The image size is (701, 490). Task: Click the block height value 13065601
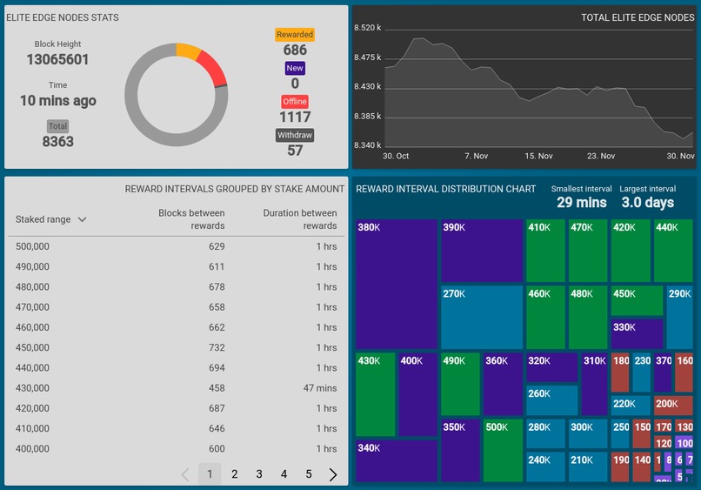pyautogui.click(x=57, y=60)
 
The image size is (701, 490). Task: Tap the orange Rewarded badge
pyautogui.click(x=295, y=35)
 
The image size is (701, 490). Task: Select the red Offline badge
pyautogui.click(x=295, y=101)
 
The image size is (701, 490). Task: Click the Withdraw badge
pyautogui.click(x=295, y=135)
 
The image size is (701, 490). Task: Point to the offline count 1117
pyautogui.click(x=295, y=117)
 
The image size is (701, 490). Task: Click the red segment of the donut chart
pyautogui.click(x=213, y=68)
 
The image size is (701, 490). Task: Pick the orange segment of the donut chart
pyautogui.click(x=188, y=50)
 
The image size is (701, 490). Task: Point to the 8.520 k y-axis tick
pyautogui.click(x=368, y=28)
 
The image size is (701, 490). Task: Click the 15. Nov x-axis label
pyautogui.click(x=538, y=156)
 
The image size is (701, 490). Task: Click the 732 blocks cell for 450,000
pyautogui.click(x=217, y=347)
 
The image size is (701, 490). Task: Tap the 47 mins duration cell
pyautogui.click(x=319, y=388)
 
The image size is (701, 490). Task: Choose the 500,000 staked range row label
pyautogui.click(x=32, y=246)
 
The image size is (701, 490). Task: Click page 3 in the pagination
pyautogui.click(x=259, y=474)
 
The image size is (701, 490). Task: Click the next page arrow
pyautogui.click(x=333, y=474)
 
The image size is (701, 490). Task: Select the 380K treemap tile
pyautogui.click(x=396, y=283)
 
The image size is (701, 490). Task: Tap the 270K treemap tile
pyautogui.click(x=481, y=318)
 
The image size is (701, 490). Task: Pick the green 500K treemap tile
pyautogui.click(x=502, y=450)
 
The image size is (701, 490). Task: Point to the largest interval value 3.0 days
pyautogui.click(x=648, y=202)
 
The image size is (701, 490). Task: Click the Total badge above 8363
pyautogui.click(x=57, y=126)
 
